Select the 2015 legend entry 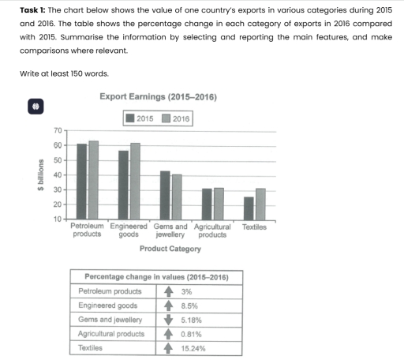coord(139,118)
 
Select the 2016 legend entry coord(175,118)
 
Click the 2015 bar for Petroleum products coord(82,182)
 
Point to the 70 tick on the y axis coord(58,130)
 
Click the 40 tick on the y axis coord(58,175)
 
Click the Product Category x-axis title coord(170,249)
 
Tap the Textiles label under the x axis coord(254,227)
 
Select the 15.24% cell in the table coord(193,347)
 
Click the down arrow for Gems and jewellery coord(166,320)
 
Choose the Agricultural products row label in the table coord(111,333)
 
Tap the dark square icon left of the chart coord(36,106)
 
